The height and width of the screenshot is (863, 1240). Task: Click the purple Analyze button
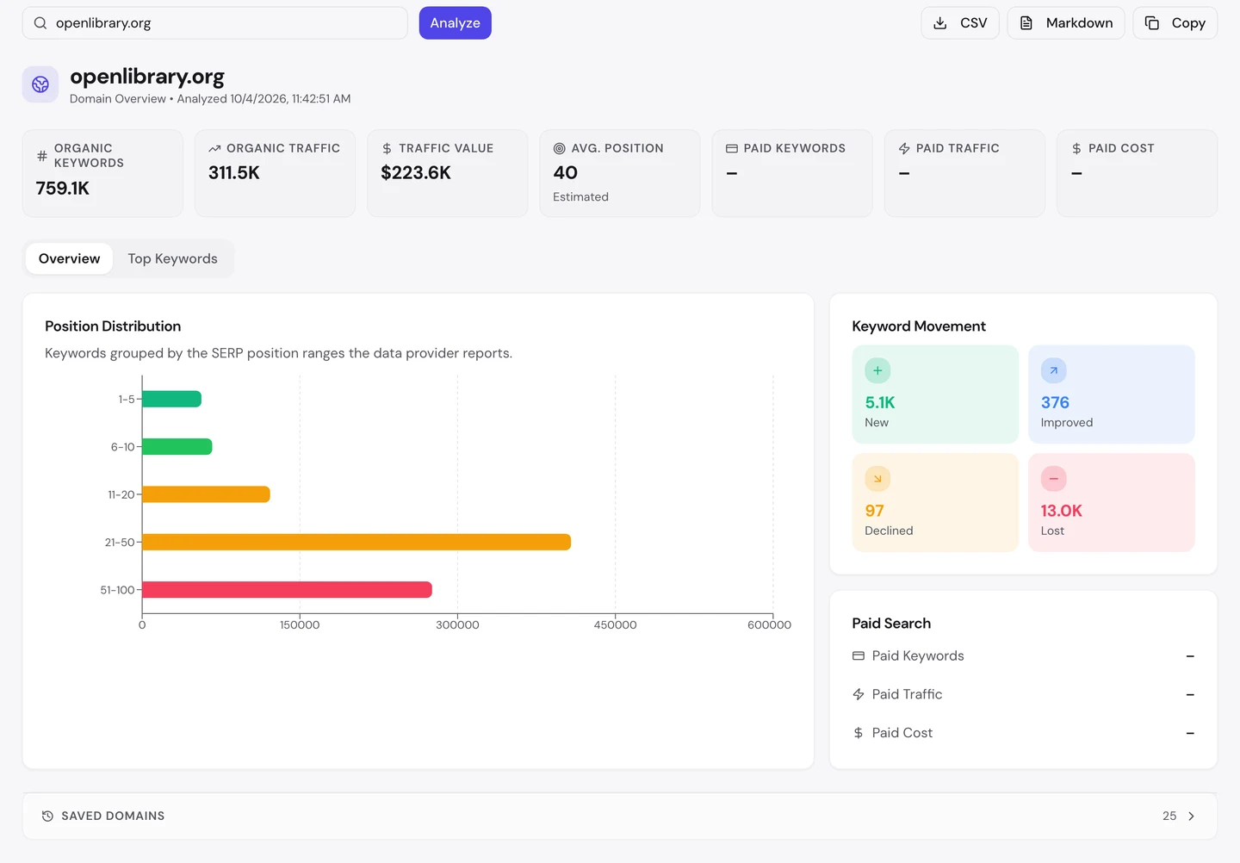[455, 22]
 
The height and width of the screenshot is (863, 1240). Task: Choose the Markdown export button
[1066, 22]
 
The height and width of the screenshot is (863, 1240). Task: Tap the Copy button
[1175, 22]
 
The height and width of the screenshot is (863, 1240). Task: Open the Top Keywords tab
[173, 258]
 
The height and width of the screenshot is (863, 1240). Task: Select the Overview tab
[69, 258]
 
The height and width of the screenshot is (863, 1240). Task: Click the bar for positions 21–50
[356, 542]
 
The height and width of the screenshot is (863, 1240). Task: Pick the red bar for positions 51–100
[287, 589]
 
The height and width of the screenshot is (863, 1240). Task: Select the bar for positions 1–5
[171, 399]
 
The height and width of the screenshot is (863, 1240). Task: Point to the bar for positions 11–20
[206, 494]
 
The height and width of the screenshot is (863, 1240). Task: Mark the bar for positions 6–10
[177, 447]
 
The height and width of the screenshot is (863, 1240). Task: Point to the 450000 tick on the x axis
[615, 625]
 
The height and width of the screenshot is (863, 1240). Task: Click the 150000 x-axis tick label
[300, 625]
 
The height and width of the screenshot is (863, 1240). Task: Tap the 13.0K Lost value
[1061, 511]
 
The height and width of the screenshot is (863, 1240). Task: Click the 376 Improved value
[1055, 402]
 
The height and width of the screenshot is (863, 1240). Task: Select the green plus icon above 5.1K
[877, 370]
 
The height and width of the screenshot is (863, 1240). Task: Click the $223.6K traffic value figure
[416, 173]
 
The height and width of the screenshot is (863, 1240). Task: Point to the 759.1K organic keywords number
[63, 189]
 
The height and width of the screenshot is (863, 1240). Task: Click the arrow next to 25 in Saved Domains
[1191, 816]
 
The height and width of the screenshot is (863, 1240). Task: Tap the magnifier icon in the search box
[40, 22]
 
